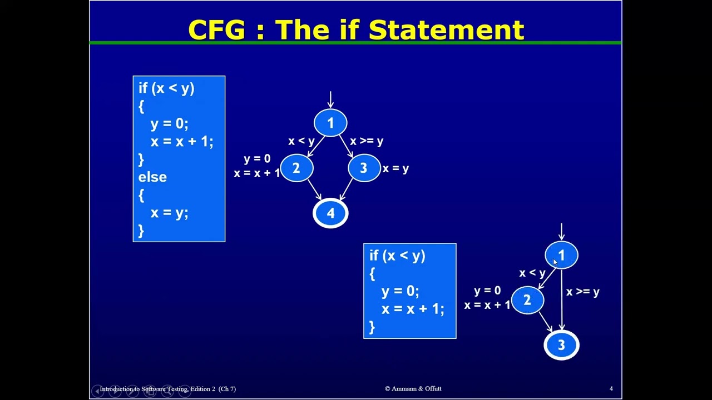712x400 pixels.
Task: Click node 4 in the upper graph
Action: (330, 213)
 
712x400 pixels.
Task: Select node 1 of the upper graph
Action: (330, 123)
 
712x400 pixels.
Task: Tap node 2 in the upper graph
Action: (297, 168)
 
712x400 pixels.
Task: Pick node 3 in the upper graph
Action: (364, 168)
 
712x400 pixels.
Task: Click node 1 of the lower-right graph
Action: (562, 255)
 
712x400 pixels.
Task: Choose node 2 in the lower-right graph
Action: (528, 300)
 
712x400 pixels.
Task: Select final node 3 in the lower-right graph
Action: (562, 345)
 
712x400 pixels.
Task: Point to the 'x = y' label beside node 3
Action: (395, 168)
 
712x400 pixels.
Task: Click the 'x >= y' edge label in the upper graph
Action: (367, 141)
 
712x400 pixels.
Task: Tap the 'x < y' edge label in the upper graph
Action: (301, 141)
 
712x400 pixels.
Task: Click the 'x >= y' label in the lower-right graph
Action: (583, 292)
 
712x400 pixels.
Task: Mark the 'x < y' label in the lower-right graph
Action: (532, 273)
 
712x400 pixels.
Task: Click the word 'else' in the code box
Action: (152, 177)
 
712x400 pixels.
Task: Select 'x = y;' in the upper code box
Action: (170, 213)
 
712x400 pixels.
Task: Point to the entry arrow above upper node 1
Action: (330, 99)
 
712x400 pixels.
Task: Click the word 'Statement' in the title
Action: (446, 29)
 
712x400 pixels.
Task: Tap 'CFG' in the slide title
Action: (217, 29)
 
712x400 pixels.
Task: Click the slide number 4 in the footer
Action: (611, 388)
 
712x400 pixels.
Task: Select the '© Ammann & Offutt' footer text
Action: (413, 388)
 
